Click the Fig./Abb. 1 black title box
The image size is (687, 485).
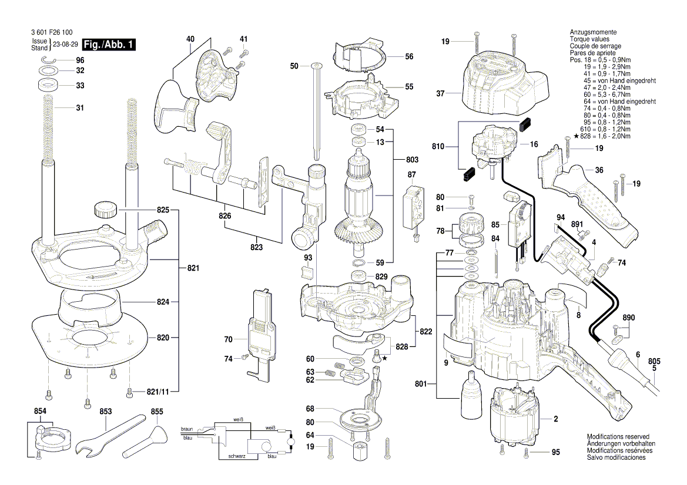pos(110,45)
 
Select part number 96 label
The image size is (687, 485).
pos(80,61)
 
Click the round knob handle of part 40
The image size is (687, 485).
pos(173,109)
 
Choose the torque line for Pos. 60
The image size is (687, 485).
pos(611,95)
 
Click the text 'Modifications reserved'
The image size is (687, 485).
pos(618,437)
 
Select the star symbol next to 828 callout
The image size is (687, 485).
pos(385,358)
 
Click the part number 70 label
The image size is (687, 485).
pos(228,339)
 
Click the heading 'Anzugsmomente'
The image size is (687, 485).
pos(593,32)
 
